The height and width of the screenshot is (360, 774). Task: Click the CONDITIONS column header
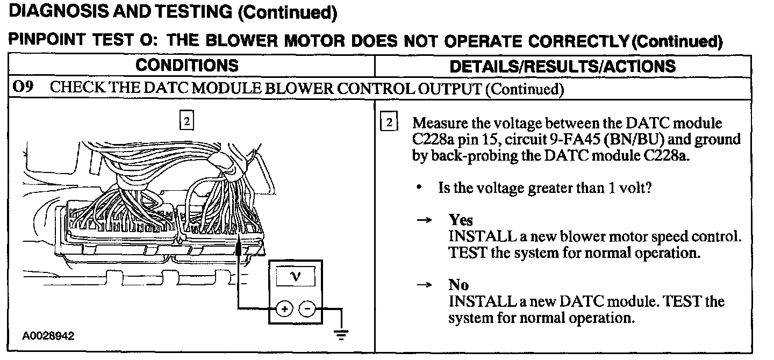[x=187, y=66]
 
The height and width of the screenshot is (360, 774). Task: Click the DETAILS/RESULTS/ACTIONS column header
[x=562, y=66]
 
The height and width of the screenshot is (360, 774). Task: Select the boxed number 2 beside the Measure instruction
[x=389, y=123]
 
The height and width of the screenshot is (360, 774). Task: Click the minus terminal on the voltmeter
[x=307, y=309]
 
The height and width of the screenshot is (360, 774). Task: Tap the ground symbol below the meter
[x=340, y=335]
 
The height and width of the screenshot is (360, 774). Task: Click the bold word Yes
[x=461, y=220]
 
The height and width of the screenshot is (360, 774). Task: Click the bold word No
[x=458, y=285]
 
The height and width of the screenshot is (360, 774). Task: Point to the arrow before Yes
[x=425, y=221]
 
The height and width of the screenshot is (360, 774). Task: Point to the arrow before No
[x=425, y=286]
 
